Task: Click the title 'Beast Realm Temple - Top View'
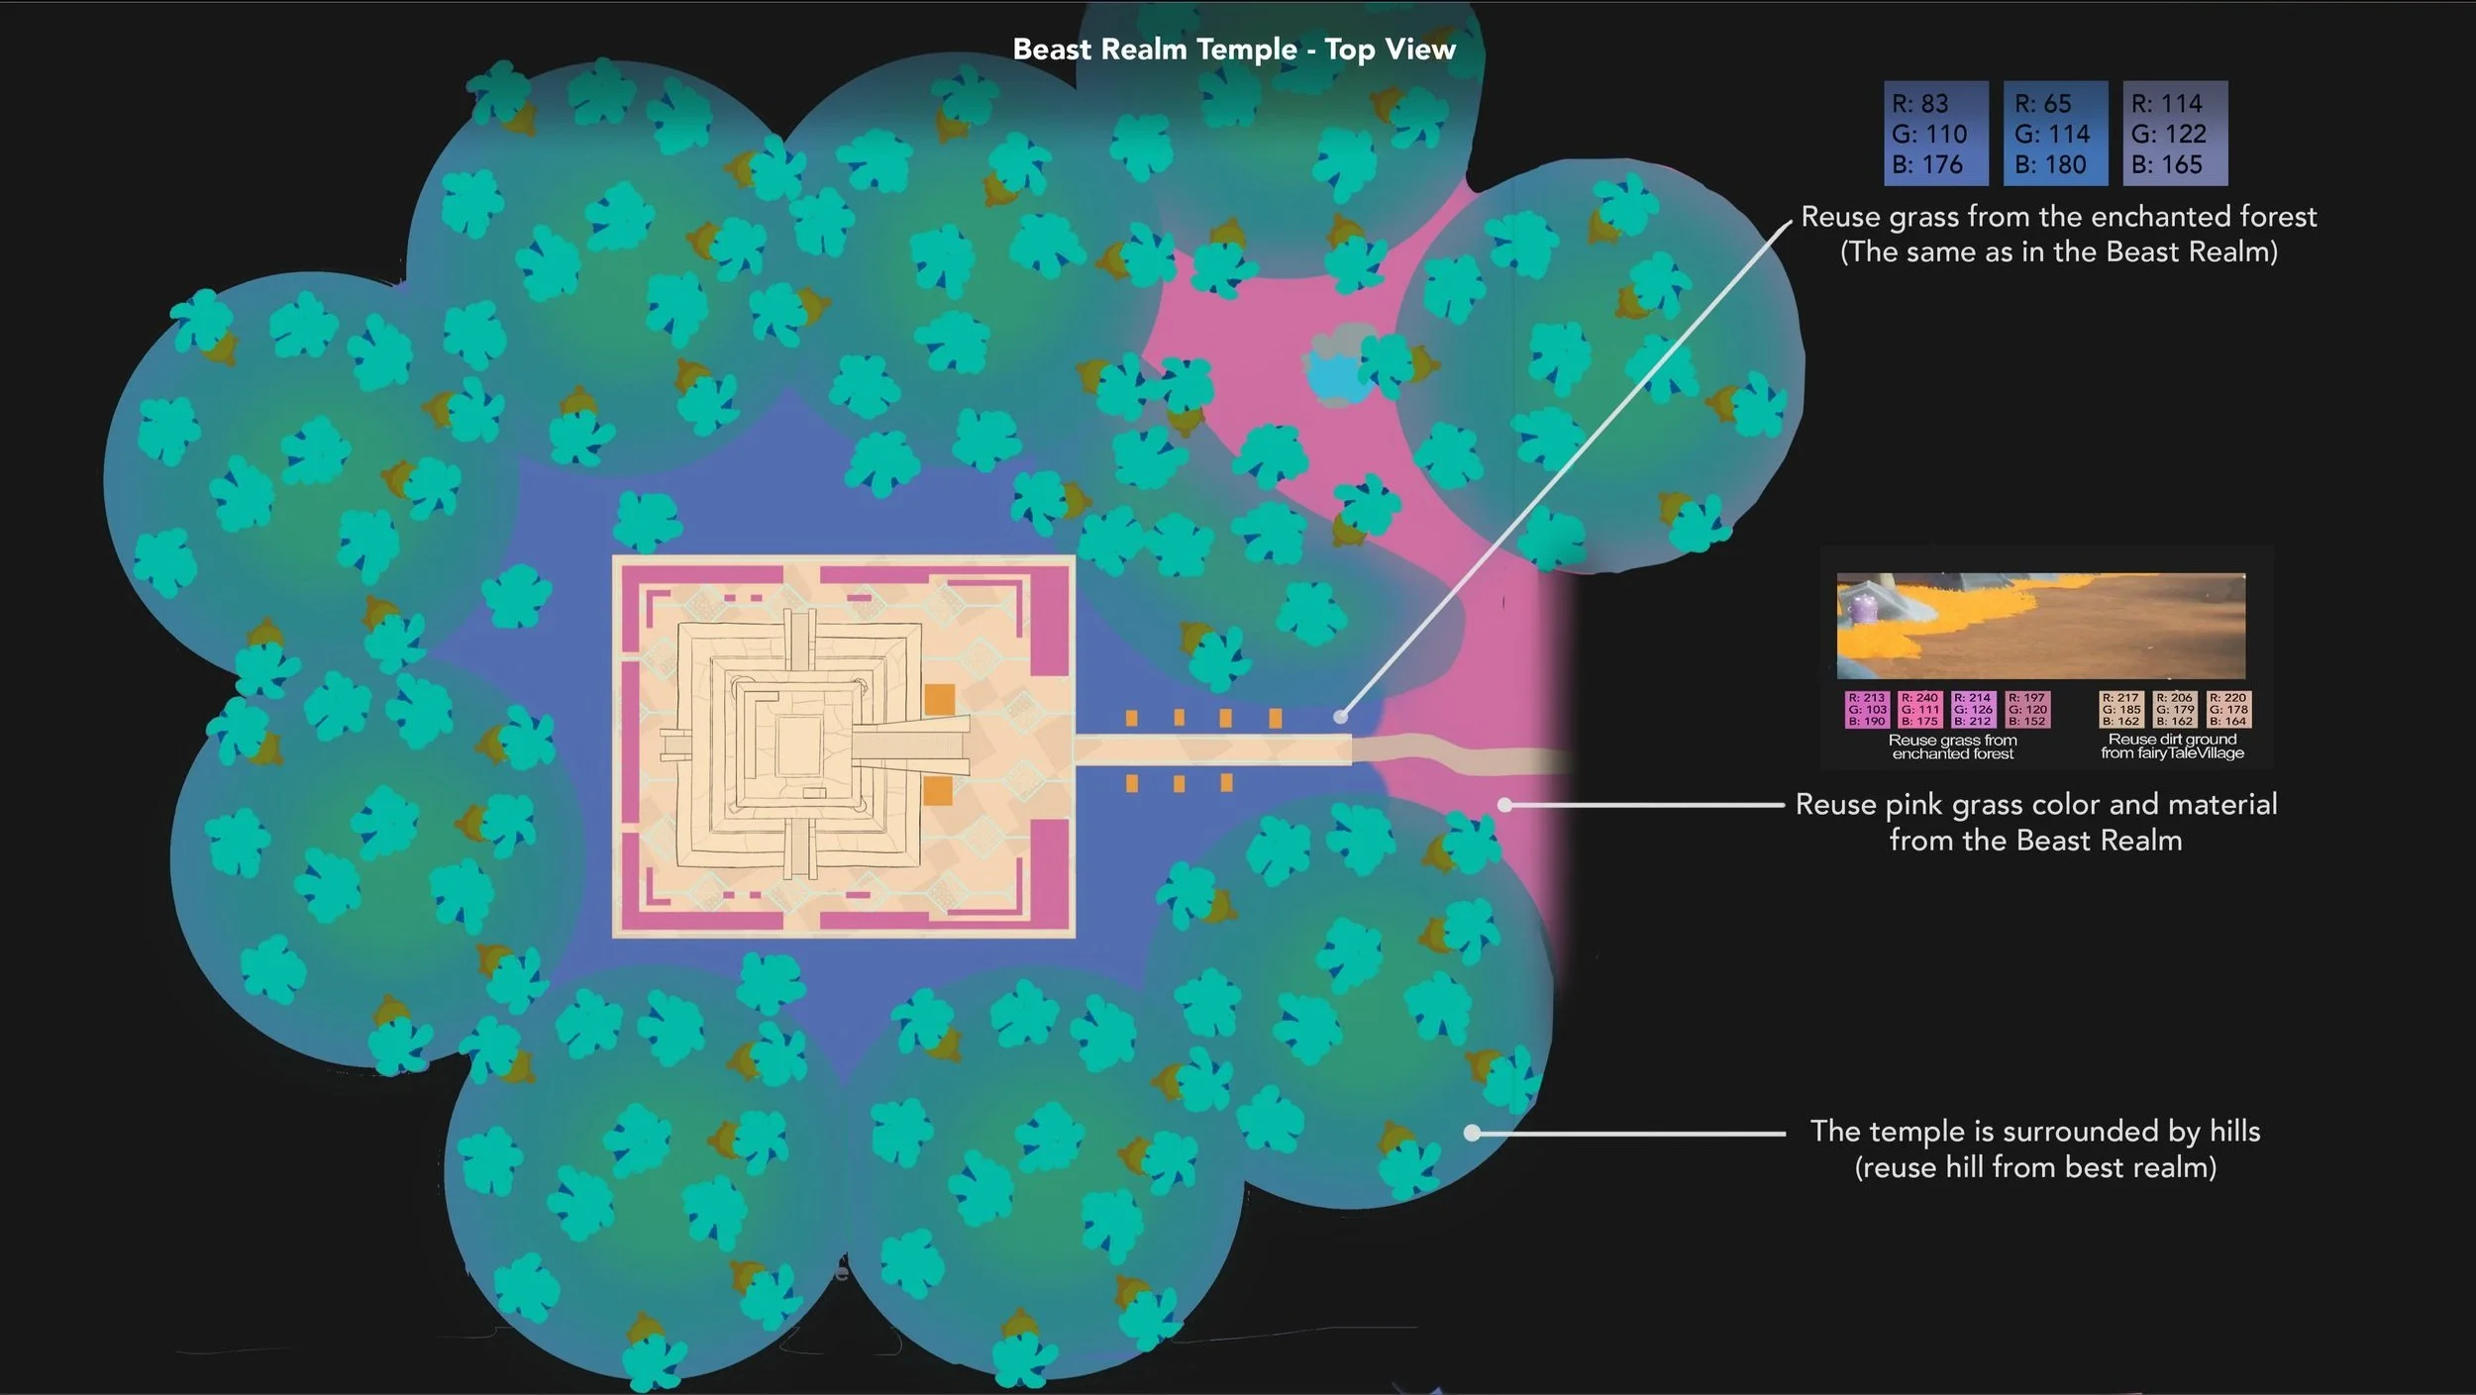tap(1234, 50)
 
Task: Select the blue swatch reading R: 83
tap(1935, 134)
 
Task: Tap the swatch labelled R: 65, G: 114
tap(2055, 134)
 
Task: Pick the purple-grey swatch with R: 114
tap(2175, 134)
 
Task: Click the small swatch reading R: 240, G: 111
tap(1919, 710)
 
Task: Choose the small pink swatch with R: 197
tap(2027, 710)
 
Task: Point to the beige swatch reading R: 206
tap(2174, 710)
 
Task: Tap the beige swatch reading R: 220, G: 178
tap(2228, 710)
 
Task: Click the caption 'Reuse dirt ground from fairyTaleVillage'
tap(2172, 747)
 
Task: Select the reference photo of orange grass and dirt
tap(2040, 626)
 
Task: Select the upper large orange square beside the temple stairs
tap(939, 699)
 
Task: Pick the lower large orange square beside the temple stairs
tap(938, 790)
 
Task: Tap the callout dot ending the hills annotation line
tap(1473, 1133)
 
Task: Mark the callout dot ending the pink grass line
tap(1504, 805)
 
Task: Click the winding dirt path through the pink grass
tap(1466, 756)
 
